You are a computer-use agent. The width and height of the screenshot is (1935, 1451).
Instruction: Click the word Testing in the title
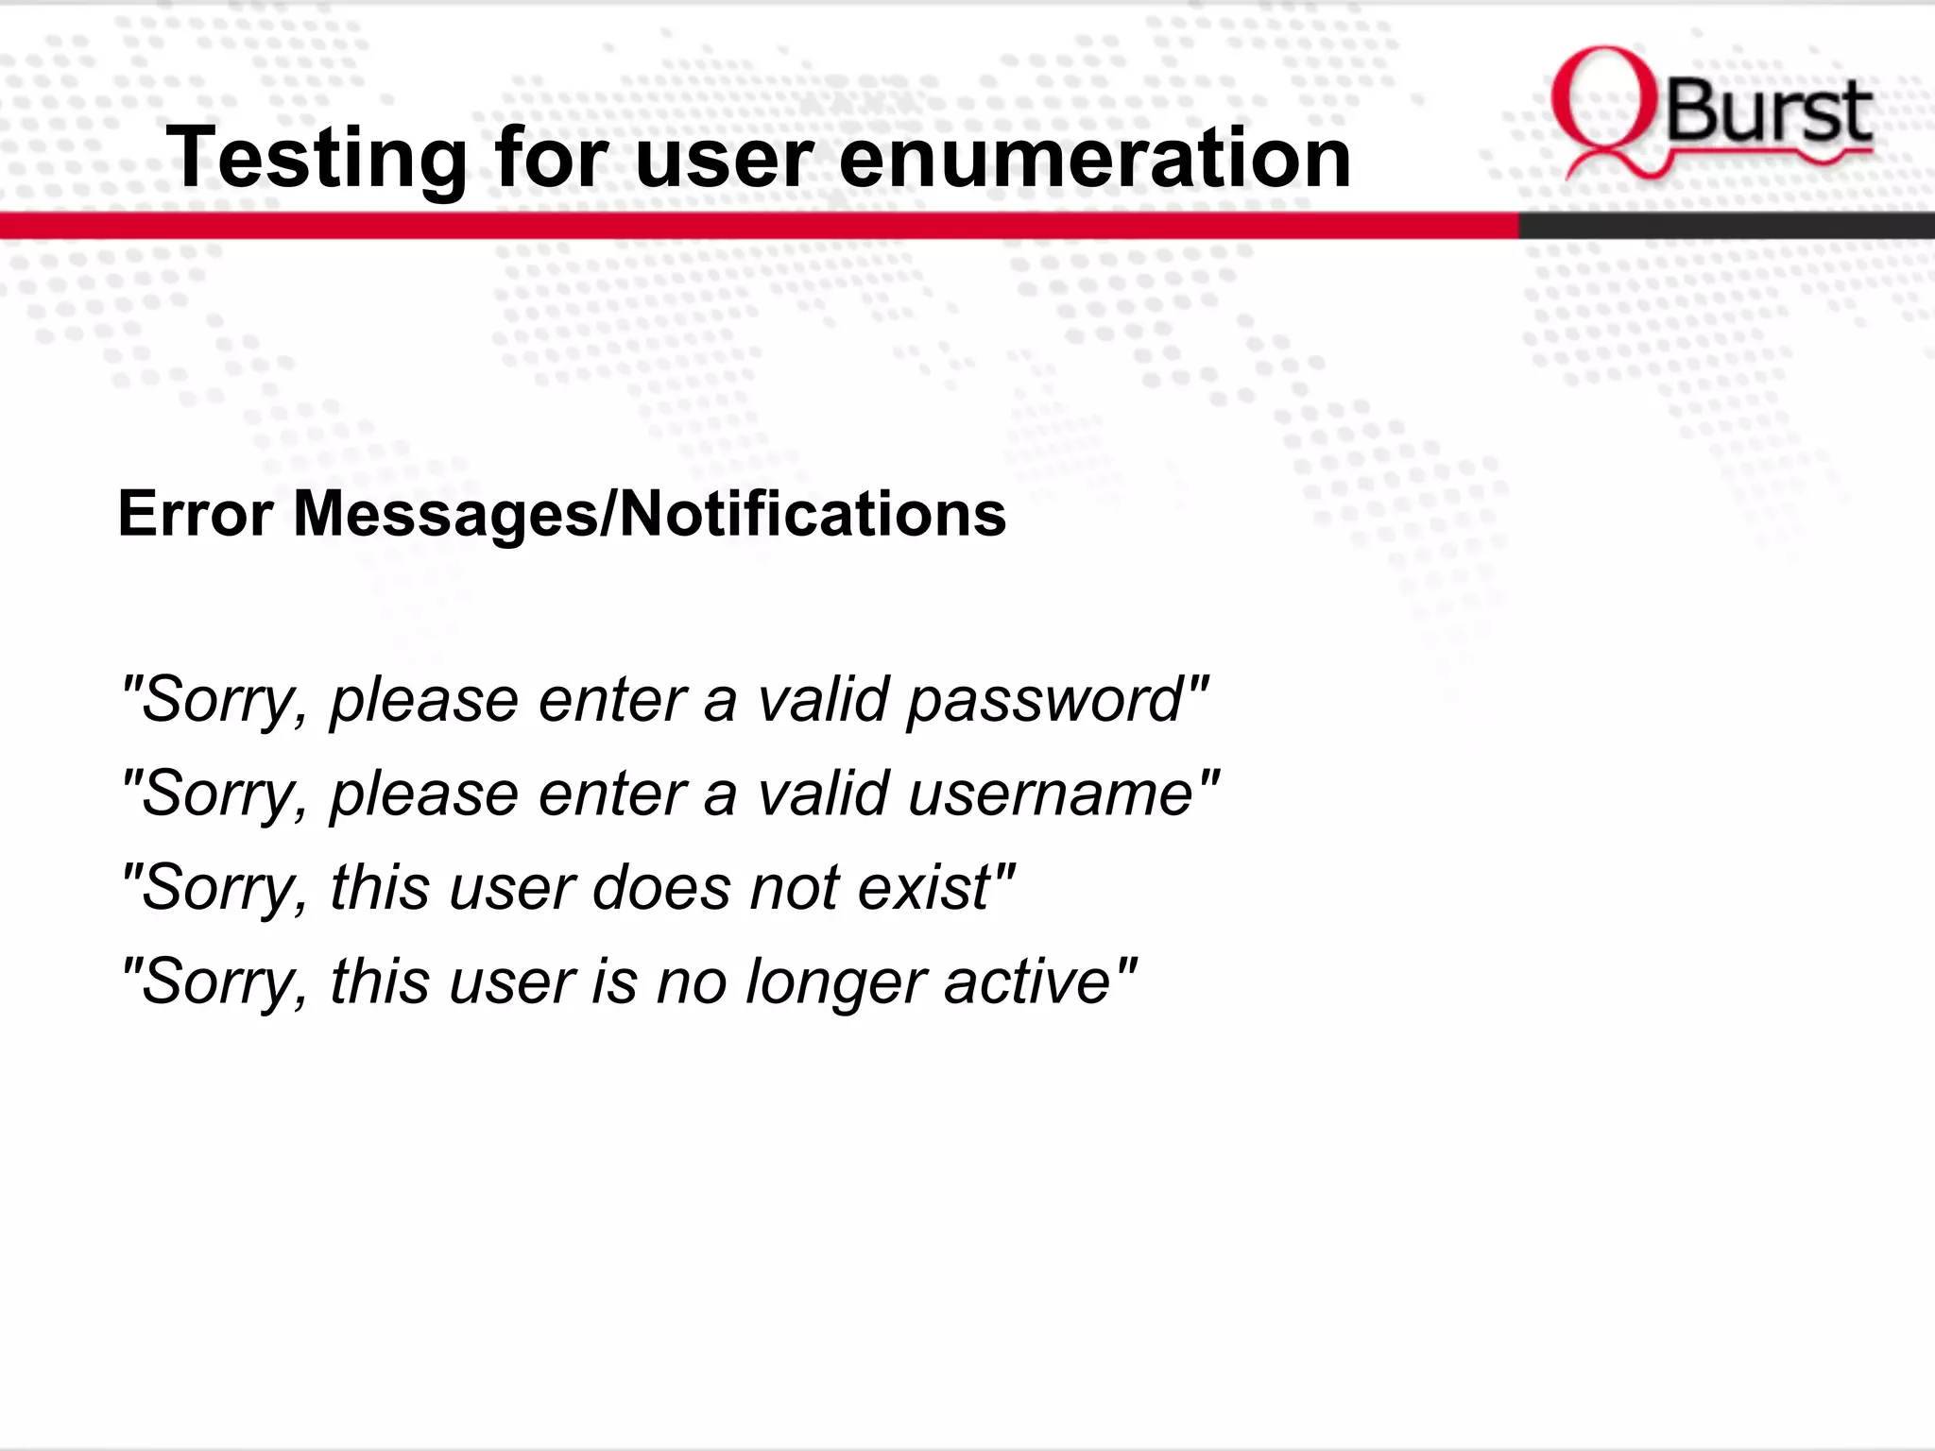316,159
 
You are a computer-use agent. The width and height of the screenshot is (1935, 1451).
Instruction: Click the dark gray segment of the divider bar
1725,226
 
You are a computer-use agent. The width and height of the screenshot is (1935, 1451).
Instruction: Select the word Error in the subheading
196,514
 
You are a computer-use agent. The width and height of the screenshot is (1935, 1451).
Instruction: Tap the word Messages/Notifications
649,514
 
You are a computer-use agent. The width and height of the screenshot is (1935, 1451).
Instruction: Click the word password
1045,701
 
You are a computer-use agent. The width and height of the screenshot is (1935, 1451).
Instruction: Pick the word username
1052,794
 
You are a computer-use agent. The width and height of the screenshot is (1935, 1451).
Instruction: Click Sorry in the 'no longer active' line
223,983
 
